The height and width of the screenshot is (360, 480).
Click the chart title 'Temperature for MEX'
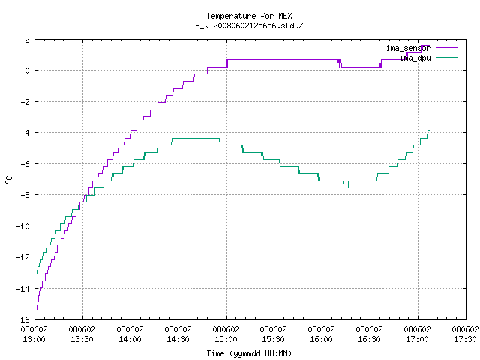(x=249, y=16)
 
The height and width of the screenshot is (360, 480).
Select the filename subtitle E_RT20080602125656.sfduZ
(x=249, y=25)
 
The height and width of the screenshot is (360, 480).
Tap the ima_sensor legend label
(x=408, y=48)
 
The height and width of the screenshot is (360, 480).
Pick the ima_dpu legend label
(x=415, y=58)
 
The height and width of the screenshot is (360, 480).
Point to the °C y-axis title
(x=8, y=180)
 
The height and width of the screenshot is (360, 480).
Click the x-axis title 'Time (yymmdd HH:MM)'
(x=249, y=353)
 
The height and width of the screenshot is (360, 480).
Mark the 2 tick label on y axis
(x=28, y=40)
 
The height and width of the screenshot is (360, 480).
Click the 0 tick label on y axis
(x=28, y=70)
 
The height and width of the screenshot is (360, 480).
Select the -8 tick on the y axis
(x=25, y=195)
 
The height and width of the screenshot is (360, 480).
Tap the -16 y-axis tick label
(x=23, y=319)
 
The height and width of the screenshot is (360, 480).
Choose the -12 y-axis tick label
(x=23, y=257)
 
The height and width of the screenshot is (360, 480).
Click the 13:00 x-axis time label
(x=34, y=339)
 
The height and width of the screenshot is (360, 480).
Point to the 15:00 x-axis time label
(x=226, y=339)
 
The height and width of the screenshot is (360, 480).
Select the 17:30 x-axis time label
(x=465, y=339)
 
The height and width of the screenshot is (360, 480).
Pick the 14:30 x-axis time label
(x=178, y=339)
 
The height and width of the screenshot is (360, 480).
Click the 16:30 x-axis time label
(x=369, y=339)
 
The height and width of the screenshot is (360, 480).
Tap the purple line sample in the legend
(x=446, y=48)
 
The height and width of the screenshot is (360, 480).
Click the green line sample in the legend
(x=446, y=57)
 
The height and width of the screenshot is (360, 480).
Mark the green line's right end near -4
(x=429, y=131)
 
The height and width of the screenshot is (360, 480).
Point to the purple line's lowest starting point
(x=37, y=309)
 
